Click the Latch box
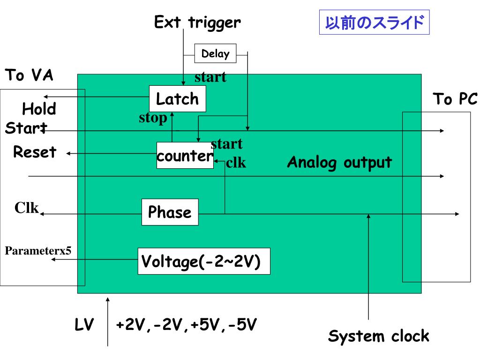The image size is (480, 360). click(178, 98)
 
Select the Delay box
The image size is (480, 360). click(215, 53)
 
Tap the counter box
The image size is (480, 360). click(185, 156)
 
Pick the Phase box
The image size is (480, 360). click(170, 212)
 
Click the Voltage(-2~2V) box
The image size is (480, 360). click(204, 261)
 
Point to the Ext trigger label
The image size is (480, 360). click(197, 22)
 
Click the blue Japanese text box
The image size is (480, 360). click(375, 22)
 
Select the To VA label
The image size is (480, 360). click(29, 75)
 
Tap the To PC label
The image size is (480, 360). click(455, 99)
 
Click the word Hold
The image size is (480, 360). click(39, 109)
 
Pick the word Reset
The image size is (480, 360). click(35, 152)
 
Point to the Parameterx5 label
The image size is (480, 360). click(38, 251)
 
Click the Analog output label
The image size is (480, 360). click(339, 162)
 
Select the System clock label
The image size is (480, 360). click(379, 336)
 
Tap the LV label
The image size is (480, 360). click(84, 324)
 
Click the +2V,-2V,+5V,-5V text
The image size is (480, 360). click(186, 325)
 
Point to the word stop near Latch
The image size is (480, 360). click(153, 118)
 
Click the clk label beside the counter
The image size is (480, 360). click(236, 163)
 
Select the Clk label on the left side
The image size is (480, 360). click(27, 208)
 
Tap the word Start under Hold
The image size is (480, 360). click(26, 128)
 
